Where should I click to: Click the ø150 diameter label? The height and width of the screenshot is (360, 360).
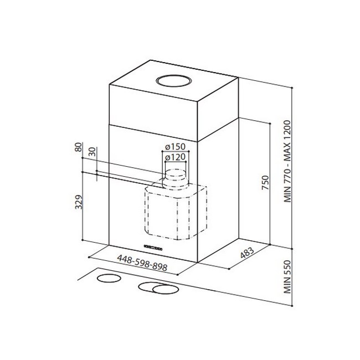[175, 146]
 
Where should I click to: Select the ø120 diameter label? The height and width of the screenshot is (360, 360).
[175, 157]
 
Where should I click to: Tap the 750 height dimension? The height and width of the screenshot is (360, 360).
[265, 183]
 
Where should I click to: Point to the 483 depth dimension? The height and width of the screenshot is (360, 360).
[247, 253]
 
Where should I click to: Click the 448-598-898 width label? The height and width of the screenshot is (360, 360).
[142, 263]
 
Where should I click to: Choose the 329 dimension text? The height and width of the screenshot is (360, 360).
[79, 202]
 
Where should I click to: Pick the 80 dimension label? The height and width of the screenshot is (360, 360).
[79, 147]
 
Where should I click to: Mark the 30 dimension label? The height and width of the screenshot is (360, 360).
[92, 152]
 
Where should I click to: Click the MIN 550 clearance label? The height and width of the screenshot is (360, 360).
[287, 277]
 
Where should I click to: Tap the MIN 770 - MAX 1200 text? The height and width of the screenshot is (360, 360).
[287, 161]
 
